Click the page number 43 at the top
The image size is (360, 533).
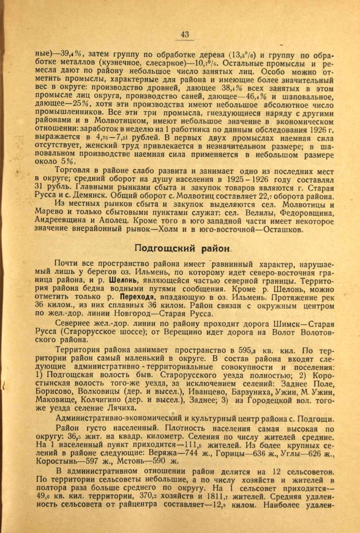pyautogui.click(x=184, y=35)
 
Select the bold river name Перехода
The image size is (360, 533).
pyautogui.click(x=137, y=297)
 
